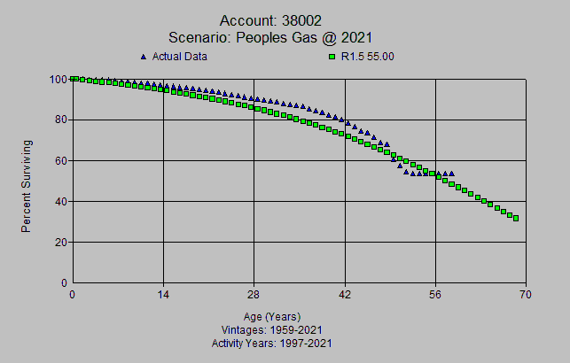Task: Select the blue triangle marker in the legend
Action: click(x=144, y=57)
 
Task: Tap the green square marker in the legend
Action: click(x=332, y=58)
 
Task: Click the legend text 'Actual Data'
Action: click(x=180, y=57)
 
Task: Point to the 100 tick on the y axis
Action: click(x=59, y=79)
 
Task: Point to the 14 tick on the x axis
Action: click(x=163, y=295)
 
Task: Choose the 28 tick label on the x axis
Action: click(x=254, y=295)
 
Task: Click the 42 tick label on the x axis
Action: click(x=345, y=295)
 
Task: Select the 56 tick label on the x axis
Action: click(x=435, y=295)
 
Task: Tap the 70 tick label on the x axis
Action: click(x=526, y=295)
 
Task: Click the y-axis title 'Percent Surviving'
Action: click(x=27, y=185)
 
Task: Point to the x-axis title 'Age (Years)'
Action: click(x=272, y=316)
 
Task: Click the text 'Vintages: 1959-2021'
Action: click(x=272, y=329)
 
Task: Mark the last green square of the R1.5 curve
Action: click(x=516, y=218)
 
